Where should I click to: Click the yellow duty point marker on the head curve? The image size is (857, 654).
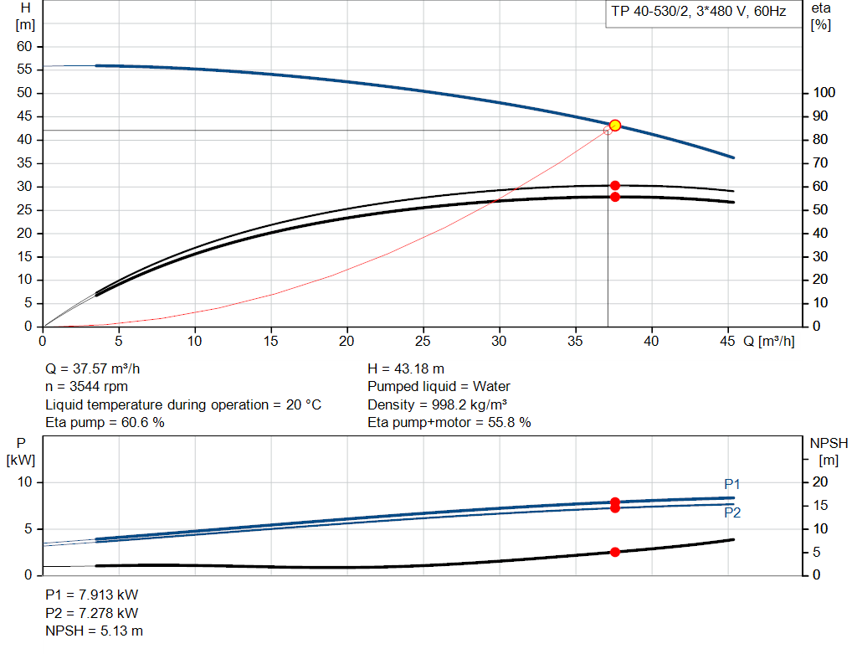pyautogui.click(x=615, y=125)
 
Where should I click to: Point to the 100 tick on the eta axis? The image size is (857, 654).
pyautogui.click(x=824, y=93)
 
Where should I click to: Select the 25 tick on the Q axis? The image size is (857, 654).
pyautogui.click(x=423, y=341)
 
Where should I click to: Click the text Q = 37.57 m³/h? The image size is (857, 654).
pyautogui.click(x=100, y=368)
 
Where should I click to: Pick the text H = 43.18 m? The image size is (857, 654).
pyautogui.click(x=406, y=368)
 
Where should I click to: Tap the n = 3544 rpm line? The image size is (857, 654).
pyautogui.click(x=86, y=387)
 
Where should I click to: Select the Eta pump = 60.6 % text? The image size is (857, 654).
pyautogui.click(x=105, y=423)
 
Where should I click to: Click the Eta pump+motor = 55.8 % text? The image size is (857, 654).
pyautogui.click(x=449, y=423)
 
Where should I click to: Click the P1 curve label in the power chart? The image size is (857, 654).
pyautogui.click(x=732, y=484)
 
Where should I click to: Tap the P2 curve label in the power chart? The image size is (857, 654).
pyautogui.click(x=732, y=512)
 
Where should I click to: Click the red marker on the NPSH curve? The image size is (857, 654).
pyautogui.click(x=615, y=552)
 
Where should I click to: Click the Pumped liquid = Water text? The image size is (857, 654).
pyautogui.click(x=439, y=387)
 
